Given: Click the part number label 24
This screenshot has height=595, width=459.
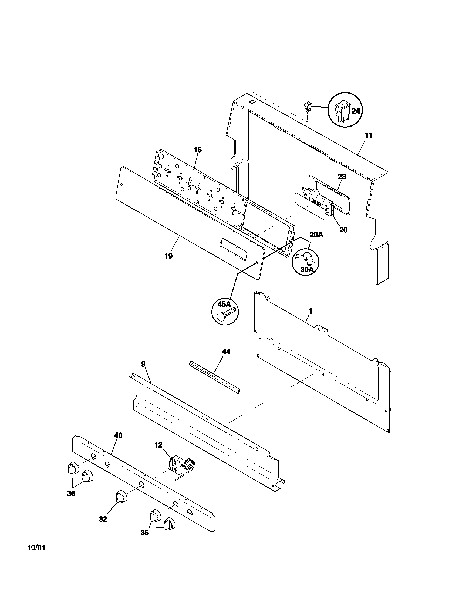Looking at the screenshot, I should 355,111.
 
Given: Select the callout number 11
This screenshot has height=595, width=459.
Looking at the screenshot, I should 369,135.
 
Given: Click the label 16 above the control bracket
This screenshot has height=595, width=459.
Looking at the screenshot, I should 198,150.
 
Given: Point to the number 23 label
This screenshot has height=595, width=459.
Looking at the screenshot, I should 342,177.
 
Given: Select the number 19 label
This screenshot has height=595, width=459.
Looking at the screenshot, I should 168,256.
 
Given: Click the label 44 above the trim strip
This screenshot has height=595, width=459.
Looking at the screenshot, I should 226,352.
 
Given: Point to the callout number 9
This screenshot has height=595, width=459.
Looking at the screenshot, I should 143,364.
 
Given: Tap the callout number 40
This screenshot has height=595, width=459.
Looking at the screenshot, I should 118,436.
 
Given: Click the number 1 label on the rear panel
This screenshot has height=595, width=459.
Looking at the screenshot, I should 310,311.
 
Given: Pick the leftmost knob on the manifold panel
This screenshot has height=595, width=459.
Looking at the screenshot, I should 72,469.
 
